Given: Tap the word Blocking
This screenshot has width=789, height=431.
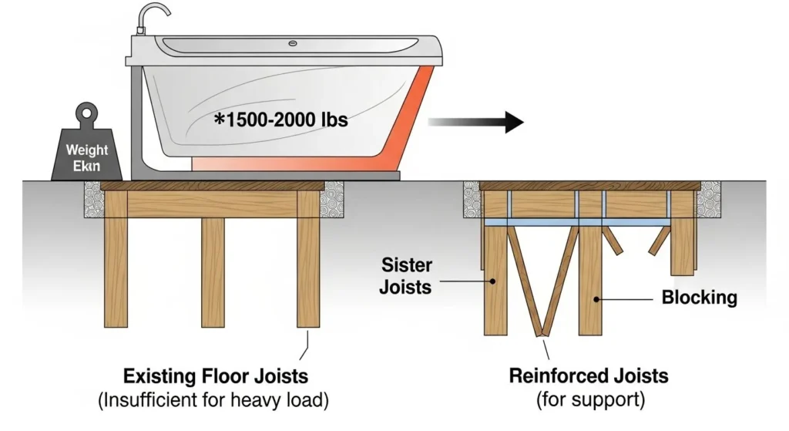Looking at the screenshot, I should [699, 298].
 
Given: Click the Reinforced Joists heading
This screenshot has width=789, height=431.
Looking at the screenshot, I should [589, 377].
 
